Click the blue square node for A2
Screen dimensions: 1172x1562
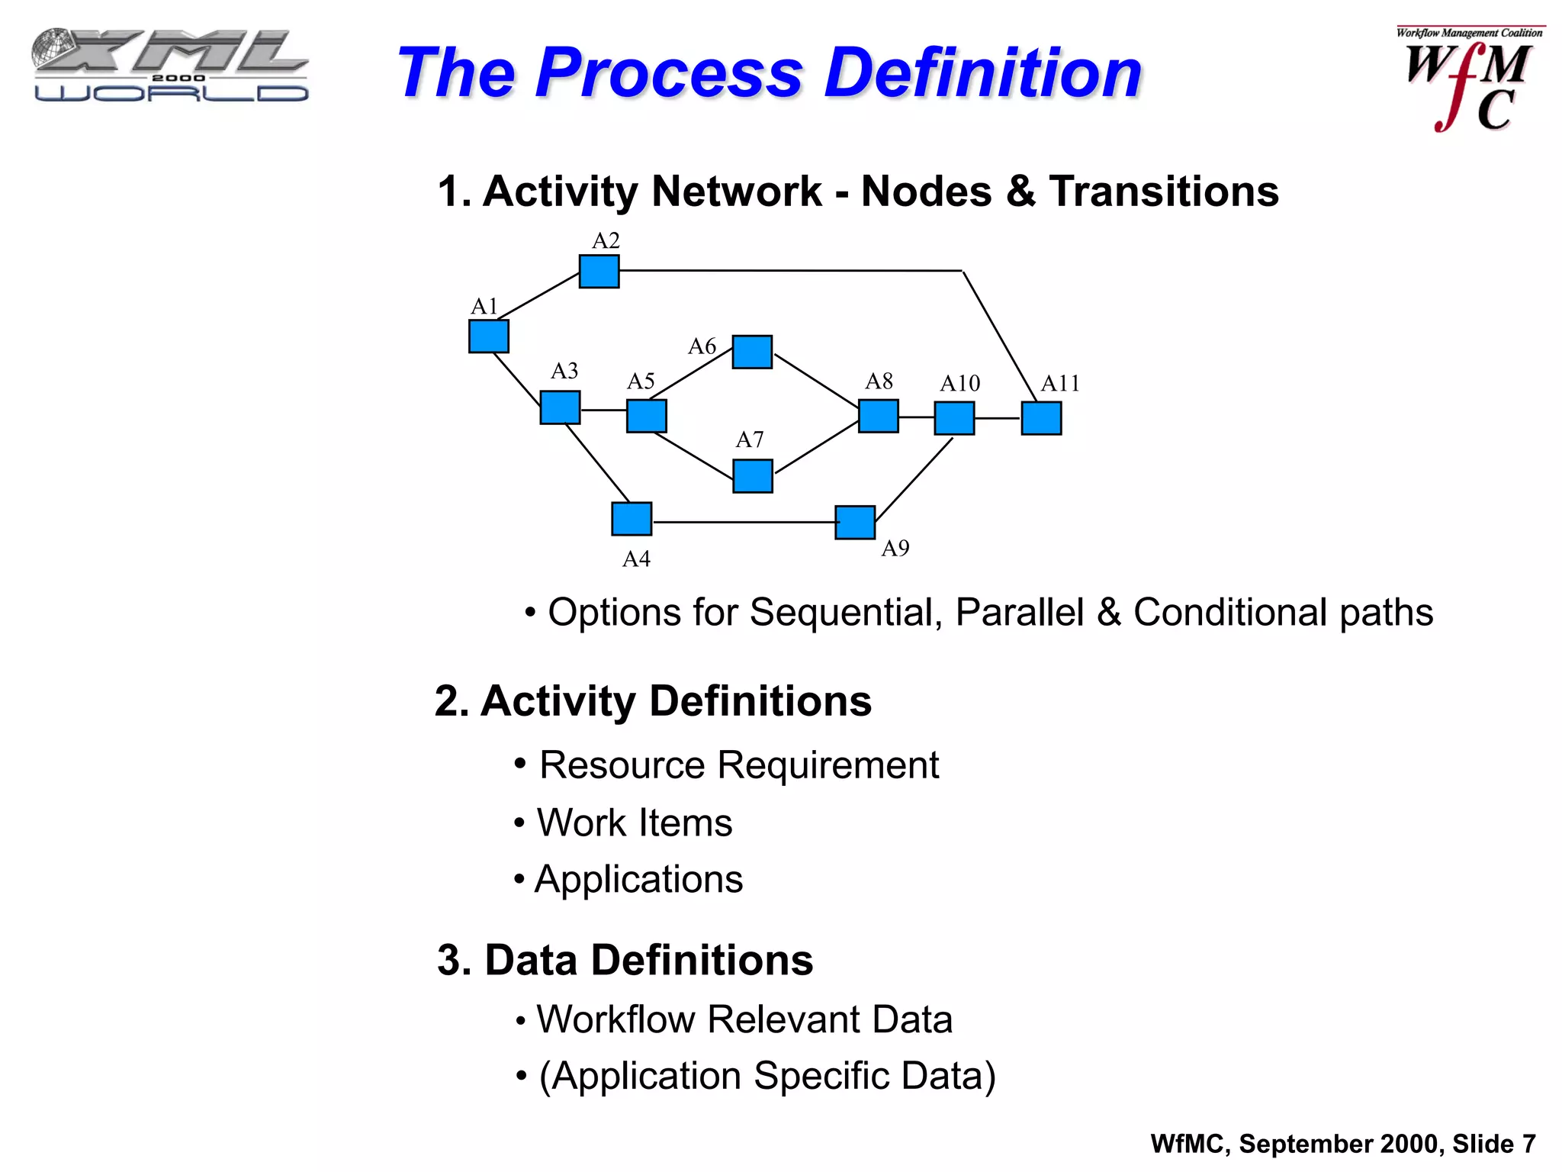(x=599, y=271)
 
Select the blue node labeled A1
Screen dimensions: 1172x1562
(x=488, y=336)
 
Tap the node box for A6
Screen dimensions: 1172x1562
(x=752, y=352)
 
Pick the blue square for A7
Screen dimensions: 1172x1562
(x=753, y=475)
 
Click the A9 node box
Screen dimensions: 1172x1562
(x=855, y=523)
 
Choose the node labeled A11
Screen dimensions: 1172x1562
(x=1041, y=418)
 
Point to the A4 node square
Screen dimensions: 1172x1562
(x=632, y=519)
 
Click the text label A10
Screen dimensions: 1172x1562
(x=959, y=383)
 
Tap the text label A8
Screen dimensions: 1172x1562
(x=879, y=381)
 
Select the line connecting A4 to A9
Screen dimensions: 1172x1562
(x=744, y=522)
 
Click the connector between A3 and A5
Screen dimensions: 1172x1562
(x=603, y=411)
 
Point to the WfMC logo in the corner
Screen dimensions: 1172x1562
(x=1468, y=80)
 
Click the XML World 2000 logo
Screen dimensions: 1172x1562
(x=170, y=66)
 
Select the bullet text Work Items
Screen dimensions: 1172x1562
(x=634, y=823)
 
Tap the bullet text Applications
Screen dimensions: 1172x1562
(x=638, y=879)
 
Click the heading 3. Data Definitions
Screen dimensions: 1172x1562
(x=625, y=960)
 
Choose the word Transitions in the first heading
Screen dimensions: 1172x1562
(x=1164, y=191)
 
